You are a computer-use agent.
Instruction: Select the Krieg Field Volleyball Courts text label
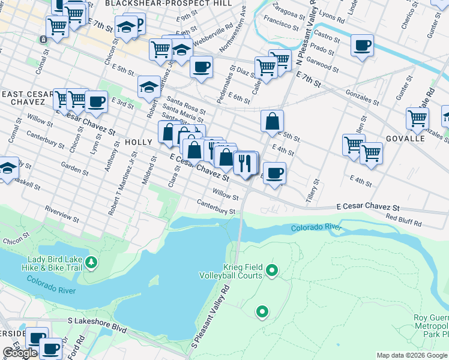(231, 271)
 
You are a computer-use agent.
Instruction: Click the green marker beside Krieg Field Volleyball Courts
(271, 271)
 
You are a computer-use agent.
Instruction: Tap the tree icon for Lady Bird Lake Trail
(91, 262)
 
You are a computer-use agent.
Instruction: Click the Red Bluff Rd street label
(404, 220)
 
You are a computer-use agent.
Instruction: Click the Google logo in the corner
(20, 353)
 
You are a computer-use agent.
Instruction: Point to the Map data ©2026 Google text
(412, 355)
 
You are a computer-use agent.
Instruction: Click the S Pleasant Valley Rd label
(211, 316)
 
